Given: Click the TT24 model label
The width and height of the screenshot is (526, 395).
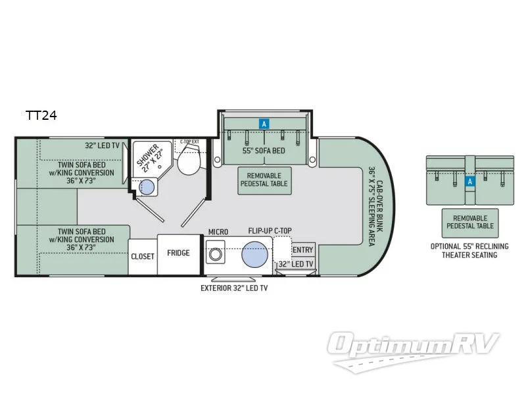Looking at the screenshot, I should [x=41, y=116].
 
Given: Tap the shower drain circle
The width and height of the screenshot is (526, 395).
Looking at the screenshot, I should [x=148, y=187].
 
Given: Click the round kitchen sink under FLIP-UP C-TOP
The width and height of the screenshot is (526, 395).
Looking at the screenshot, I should [x=257, y=255].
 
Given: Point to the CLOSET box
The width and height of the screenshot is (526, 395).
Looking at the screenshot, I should [x=143, y=256].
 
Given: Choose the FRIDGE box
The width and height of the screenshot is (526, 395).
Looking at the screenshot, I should [x=178, y=253].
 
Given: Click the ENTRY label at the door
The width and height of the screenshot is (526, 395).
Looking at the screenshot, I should [x=302, y=250].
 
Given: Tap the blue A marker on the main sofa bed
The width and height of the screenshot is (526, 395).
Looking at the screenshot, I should [x=264, y=123].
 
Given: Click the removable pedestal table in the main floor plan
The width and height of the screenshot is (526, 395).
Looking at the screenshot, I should [x=264, y=180].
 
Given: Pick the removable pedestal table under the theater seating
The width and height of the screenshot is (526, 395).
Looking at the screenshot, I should [x=469, y=221].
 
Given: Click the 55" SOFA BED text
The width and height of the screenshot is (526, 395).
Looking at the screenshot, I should [x=264, y=150].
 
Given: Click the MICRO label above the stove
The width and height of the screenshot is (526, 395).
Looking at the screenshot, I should [x=218, y=232].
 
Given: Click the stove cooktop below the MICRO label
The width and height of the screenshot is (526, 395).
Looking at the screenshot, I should [x=215, y=254].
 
